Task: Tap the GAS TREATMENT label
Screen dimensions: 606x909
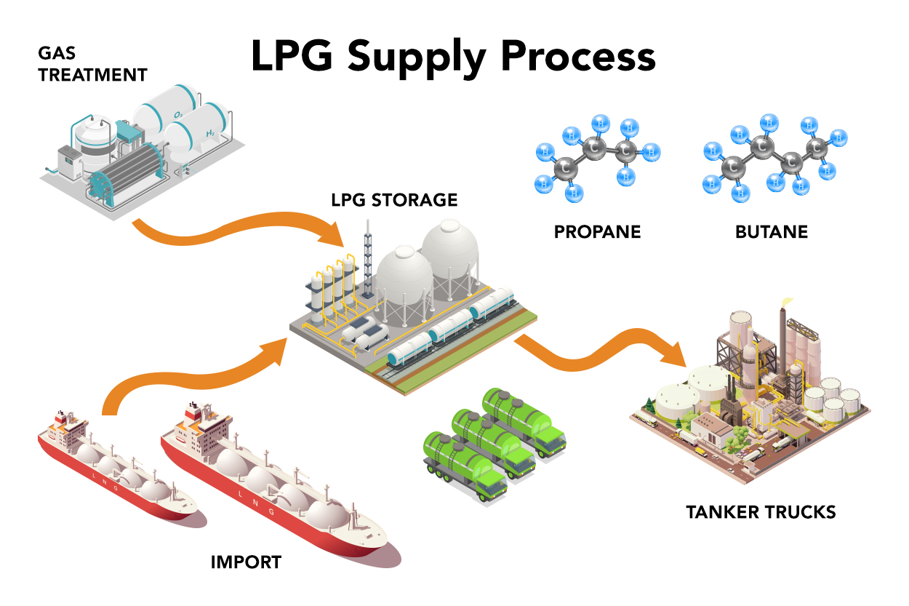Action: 92,64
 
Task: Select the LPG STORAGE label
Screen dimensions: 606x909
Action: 395,200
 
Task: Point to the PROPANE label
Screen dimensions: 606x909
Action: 597,232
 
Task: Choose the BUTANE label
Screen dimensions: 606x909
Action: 771,232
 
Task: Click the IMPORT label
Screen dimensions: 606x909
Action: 246,562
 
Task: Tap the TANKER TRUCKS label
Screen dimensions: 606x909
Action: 761,512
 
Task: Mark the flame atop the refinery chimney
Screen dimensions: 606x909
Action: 785,301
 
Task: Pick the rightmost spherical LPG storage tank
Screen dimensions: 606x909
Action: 450,251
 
